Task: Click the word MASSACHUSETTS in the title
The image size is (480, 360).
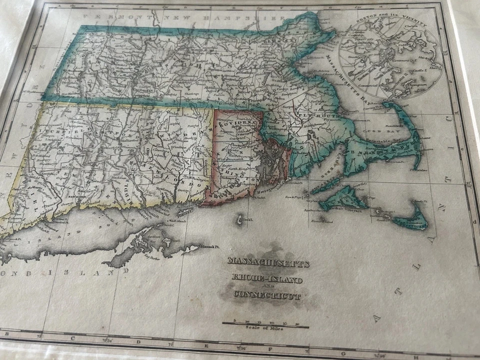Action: pos(268,262)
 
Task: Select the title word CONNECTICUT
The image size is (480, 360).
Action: pos(267,295)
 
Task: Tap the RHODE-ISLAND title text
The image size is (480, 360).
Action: pos(267,278)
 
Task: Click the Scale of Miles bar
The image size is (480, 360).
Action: pos(265,324)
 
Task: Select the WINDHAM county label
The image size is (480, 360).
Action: pos(180,135)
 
